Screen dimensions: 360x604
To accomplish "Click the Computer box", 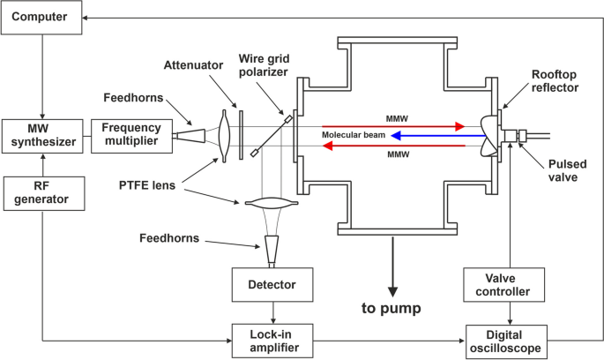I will click(41, 18).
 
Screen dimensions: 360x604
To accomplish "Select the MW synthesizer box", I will click(42, 134).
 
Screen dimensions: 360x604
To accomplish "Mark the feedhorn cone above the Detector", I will click(272, 251).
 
